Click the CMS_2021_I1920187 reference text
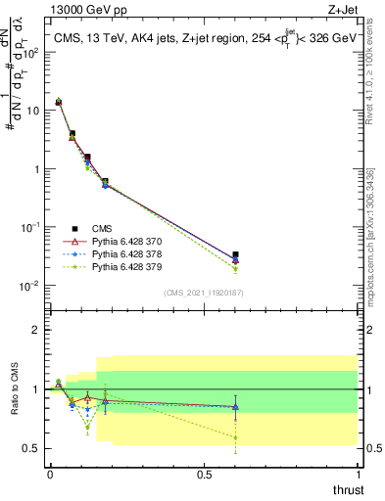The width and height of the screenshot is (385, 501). [x=203, y=293]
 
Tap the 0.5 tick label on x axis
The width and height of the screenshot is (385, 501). [x=203, y=474]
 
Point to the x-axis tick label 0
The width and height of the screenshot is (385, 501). [x=50, y=474]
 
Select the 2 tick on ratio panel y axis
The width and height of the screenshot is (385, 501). [x=36, y=330]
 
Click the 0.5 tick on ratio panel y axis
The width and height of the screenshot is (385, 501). [x=31, y=448]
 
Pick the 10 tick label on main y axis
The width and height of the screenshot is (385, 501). [x=32, y=111]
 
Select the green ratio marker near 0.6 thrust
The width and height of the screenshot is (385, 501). [x=235, y=437]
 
